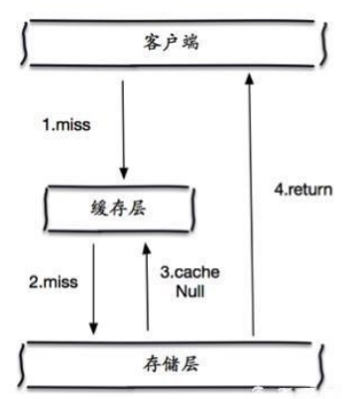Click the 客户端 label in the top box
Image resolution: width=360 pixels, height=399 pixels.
point(170,45)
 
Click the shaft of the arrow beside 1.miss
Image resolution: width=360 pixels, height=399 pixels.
point(123,124)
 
